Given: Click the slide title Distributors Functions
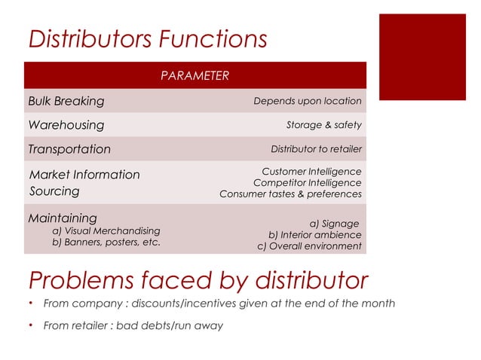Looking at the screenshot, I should [147, 39].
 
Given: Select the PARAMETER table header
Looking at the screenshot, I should [195, 75].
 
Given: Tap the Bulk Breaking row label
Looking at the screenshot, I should [66, 101].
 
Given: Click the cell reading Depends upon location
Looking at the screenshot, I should [307, 101].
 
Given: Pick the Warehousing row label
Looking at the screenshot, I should [66, 125].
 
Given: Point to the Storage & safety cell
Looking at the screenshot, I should [323, 125].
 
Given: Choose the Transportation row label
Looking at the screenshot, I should [69, 149].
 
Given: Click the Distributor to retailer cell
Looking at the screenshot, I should [316, 149].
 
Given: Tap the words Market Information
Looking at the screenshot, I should [84, 175].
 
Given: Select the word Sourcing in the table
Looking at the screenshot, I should [54, 191].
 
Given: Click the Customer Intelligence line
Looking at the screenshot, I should [311, 172].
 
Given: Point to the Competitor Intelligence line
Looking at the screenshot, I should [307, 182].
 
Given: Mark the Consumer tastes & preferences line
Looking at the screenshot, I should [290, 194].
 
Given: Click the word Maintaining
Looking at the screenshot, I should [63, 218].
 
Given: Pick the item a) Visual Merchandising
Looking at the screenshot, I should [106, 230].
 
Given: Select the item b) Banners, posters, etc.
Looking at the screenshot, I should [106, 243].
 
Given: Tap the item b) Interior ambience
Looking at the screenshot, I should [314, 234].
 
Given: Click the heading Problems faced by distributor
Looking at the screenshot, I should [198, 279].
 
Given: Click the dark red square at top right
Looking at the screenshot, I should [421, 56].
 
